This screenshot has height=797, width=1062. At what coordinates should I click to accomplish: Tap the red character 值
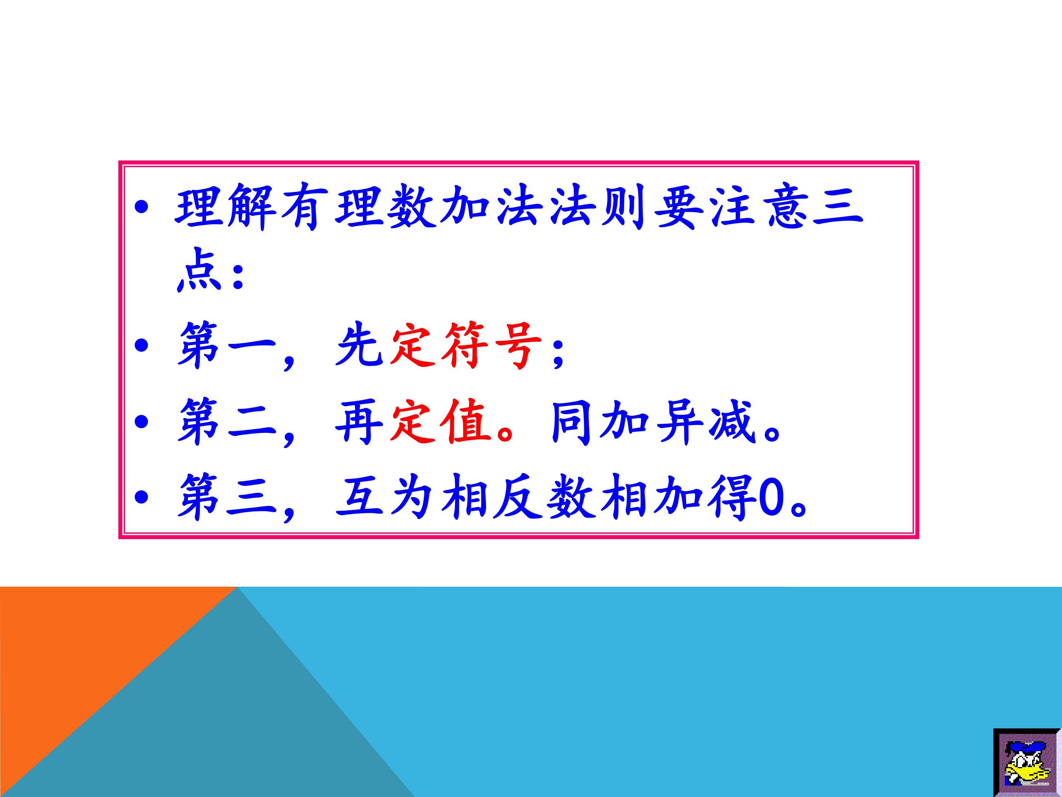(468, 421)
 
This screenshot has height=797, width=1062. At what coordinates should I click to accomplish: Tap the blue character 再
(359, 421)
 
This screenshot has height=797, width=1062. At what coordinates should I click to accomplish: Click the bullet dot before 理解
(142, 208)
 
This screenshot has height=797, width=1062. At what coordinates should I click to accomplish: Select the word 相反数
(518, 497)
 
